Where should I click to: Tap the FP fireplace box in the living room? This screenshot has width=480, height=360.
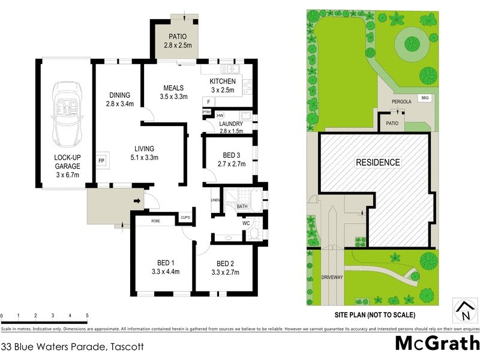[x=101, y=161]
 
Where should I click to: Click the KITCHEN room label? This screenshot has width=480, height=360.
[x=223, y=82]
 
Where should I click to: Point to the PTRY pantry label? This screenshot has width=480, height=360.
[x=206, y=112]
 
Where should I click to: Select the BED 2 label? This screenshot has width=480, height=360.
[x=225, y=263]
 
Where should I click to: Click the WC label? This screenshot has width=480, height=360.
[x=246, y=223]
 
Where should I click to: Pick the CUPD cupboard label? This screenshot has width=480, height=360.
[x=186, y=217]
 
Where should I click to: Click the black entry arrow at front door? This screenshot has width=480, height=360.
[x=137, y=202]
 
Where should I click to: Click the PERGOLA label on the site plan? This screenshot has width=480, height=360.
[x=401, y=102]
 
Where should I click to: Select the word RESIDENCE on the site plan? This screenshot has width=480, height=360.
[x=377, y=162]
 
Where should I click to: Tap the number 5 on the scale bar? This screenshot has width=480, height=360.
[x=87, y=315]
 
